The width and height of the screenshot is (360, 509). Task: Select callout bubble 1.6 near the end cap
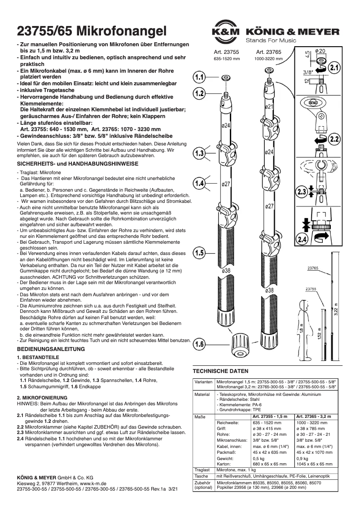tap(200, 345)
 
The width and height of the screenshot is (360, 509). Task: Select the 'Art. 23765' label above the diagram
tap(268, 53)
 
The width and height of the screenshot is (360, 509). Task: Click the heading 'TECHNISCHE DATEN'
tap(220, 371)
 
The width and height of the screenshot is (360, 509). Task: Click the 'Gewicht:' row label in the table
tap(225, 459)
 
